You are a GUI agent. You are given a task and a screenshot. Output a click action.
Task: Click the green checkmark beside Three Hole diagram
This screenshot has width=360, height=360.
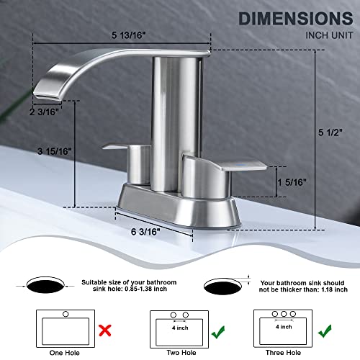[x=328, y=312]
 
